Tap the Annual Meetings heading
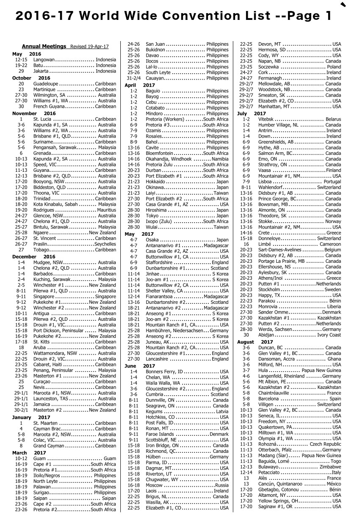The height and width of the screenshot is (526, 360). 44,47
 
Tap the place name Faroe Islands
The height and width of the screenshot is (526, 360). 160,434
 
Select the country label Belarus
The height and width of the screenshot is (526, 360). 333,120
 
